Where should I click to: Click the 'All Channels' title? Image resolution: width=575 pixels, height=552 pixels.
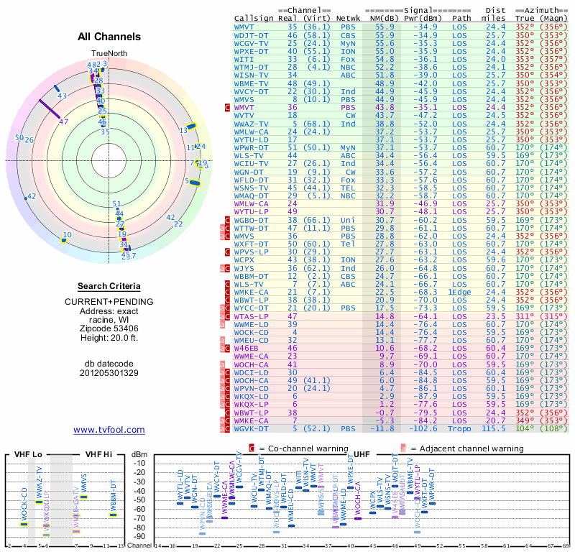tap(109, 37)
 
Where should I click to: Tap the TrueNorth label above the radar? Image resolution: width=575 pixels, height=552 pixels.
tap(109, 55)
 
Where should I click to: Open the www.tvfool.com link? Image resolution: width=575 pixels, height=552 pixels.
tap(109, 430)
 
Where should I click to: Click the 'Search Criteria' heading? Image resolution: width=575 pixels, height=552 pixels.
tap(109, 286)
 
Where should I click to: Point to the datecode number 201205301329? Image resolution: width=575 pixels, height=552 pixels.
tap(109, 373)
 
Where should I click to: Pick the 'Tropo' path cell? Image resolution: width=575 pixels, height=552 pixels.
tap(462, 429)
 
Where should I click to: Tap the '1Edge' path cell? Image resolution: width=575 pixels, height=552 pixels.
tap(462, 292)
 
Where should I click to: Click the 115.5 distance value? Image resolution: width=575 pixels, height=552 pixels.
tap(495, 429)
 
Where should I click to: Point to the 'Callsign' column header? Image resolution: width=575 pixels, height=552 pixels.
tap(254, 18)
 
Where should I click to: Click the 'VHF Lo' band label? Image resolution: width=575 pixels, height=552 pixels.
tap(27, 455)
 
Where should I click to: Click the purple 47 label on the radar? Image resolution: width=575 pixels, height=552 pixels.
tap(64, 121)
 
